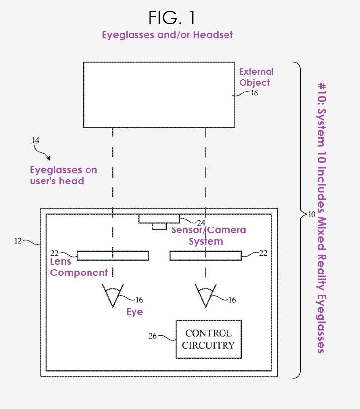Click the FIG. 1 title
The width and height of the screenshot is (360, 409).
(172, 18)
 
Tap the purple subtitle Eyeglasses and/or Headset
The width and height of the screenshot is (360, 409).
(167, 35)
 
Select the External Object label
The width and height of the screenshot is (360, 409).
(256, 77)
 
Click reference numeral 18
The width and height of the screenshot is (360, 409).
(254, 92)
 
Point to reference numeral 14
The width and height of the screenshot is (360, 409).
(35, 140)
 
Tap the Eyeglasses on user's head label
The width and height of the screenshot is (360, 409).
(63, 176)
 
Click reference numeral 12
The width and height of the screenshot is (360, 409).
(18, 241)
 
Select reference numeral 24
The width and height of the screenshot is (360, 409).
(201, 223)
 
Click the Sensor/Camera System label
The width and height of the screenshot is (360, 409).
(208, 236)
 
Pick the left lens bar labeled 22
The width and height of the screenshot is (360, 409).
(113, 256)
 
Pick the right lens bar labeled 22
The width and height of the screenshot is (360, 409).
(206, 256)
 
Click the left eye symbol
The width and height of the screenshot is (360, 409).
(113, 295)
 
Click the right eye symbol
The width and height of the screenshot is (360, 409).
(206, 295)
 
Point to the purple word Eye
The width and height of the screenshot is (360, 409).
(135, 312)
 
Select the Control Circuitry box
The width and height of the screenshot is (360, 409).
(209, 339)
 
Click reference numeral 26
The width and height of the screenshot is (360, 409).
(153, 336)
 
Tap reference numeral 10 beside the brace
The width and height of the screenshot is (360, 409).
(311, 215)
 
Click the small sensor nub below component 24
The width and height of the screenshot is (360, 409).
(159, 227)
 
